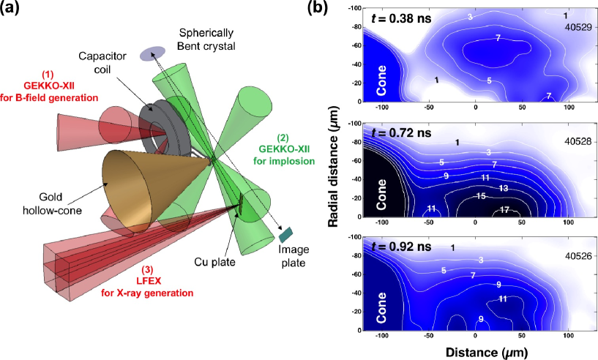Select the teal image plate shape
pos(285,233)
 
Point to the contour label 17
pos(504,210)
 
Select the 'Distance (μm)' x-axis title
pos(476,353)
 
